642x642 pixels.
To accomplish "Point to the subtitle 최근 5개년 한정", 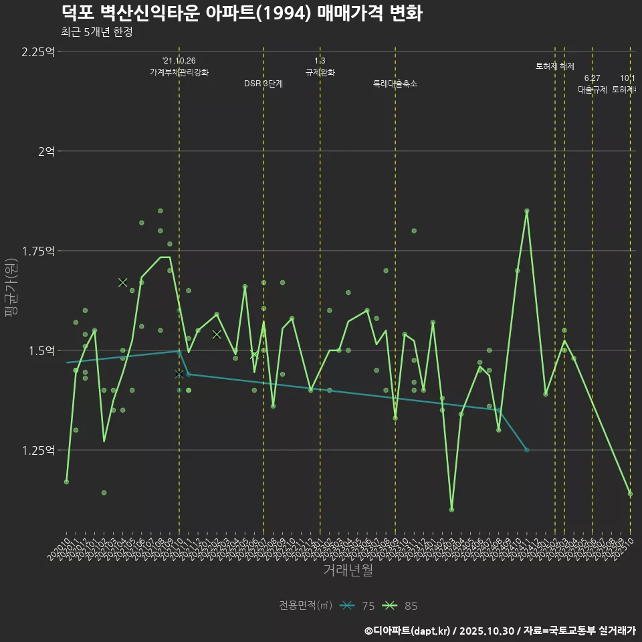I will (96, 32).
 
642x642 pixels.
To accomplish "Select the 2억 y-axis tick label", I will (47, 151).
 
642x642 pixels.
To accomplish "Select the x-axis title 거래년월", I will (348, 570).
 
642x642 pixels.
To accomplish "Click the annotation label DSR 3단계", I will (263, 84).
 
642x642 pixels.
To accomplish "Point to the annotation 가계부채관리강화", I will (179, 72).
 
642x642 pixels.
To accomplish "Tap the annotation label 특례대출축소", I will (395, 84).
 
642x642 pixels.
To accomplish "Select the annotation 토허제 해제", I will (554, 66).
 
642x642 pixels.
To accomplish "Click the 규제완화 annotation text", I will (320, 72).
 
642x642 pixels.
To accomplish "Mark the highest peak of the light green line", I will (527, 211).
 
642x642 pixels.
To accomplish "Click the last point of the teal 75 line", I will (527, 450).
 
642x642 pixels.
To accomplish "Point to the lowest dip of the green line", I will (451, 510).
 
